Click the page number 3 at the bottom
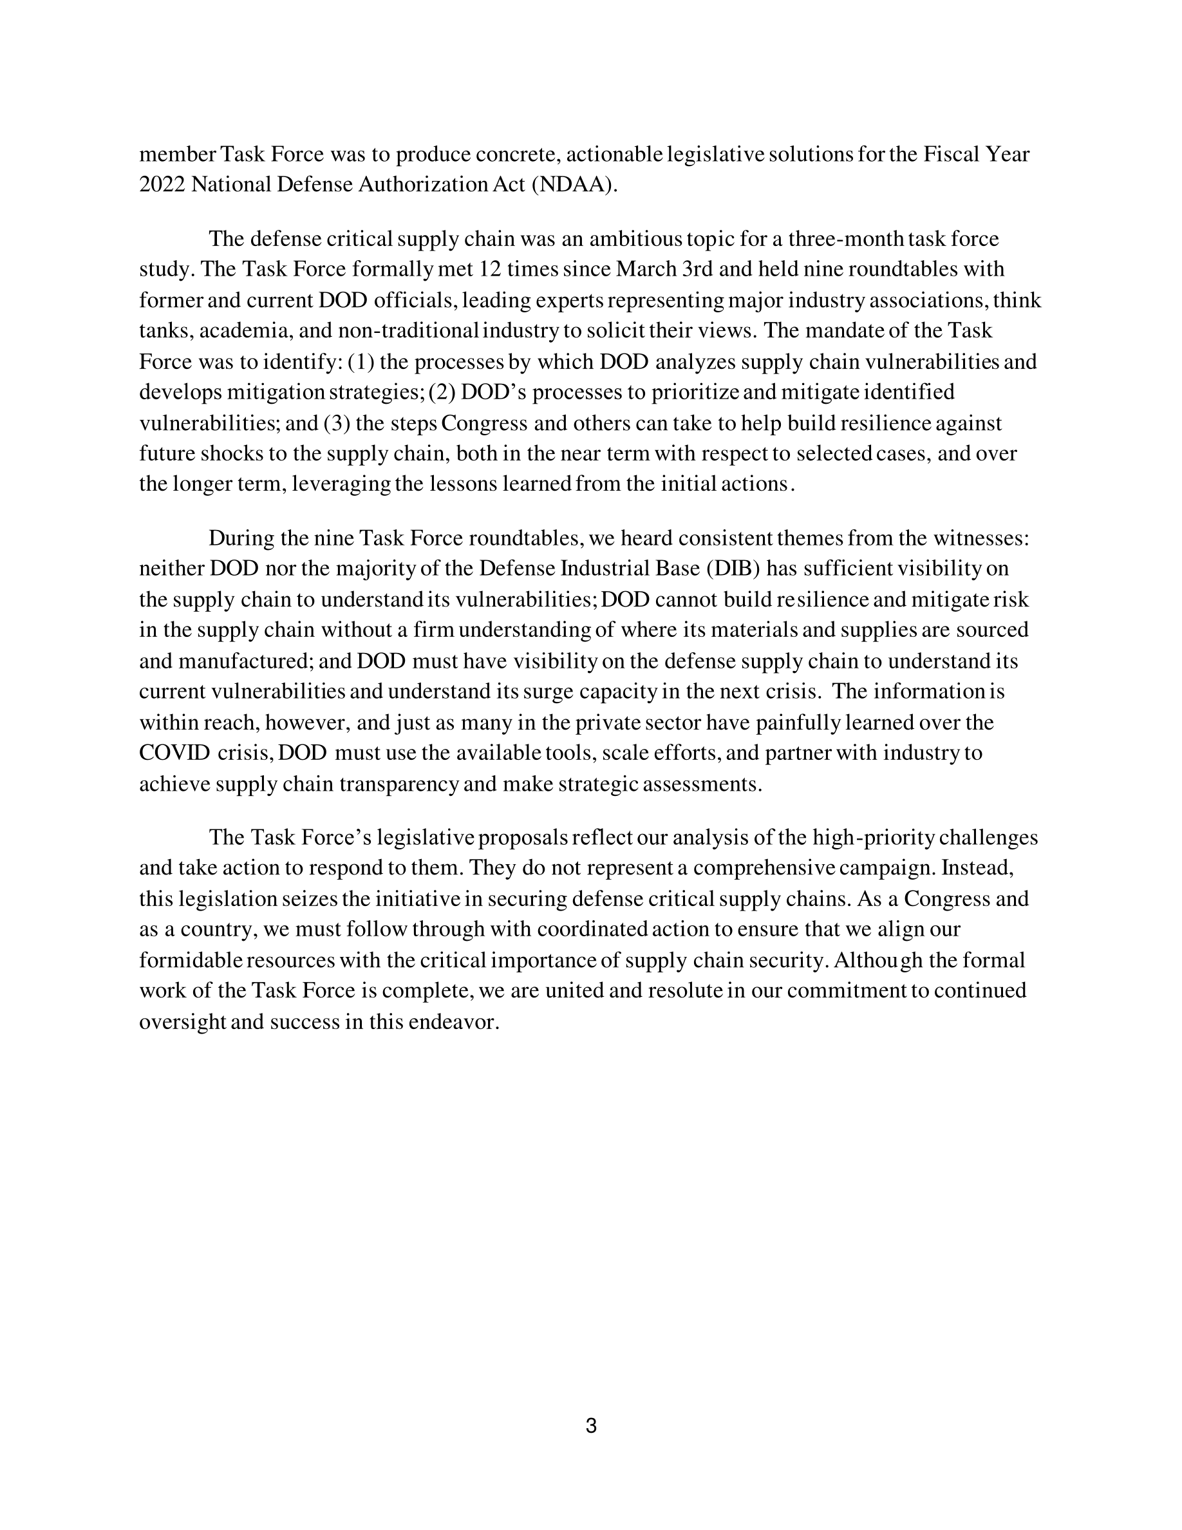pos(591,1426)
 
